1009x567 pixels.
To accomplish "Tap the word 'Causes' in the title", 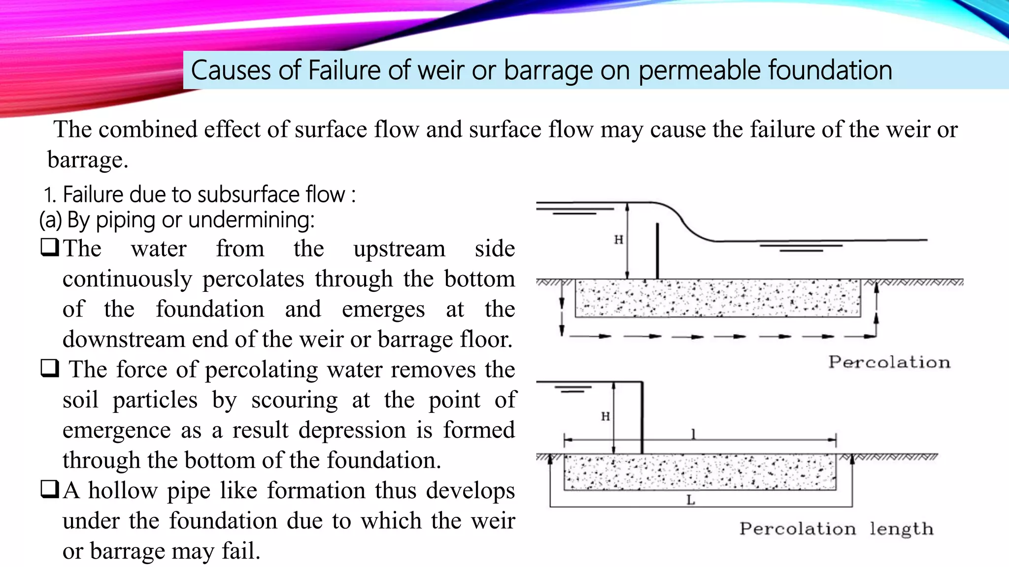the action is click(x=232, y=70).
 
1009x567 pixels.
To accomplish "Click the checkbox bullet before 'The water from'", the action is click(x=50, y=247).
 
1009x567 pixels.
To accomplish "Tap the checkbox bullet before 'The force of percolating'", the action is click(x=50, y=368).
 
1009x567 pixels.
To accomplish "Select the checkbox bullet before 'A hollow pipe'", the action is click(x=50, y=489).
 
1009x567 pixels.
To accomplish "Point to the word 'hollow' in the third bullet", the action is click(x=123, y=490).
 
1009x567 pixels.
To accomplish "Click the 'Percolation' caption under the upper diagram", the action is click(x=889, y=362).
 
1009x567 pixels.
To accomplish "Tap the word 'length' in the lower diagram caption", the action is click(x=901, y=530).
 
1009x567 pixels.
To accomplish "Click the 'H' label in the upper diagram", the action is click(x=619, y=240).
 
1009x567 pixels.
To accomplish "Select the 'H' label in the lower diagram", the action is click(x=605, y=416).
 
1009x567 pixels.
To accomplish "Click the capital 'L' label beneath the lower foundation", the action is click(x=691, y=500).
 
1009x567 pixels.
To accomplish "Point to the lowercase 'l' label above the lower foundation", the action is click(x=693, y=434).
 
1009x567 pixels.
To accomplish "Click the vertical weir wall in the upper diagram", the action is click(x=657, y=251).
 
